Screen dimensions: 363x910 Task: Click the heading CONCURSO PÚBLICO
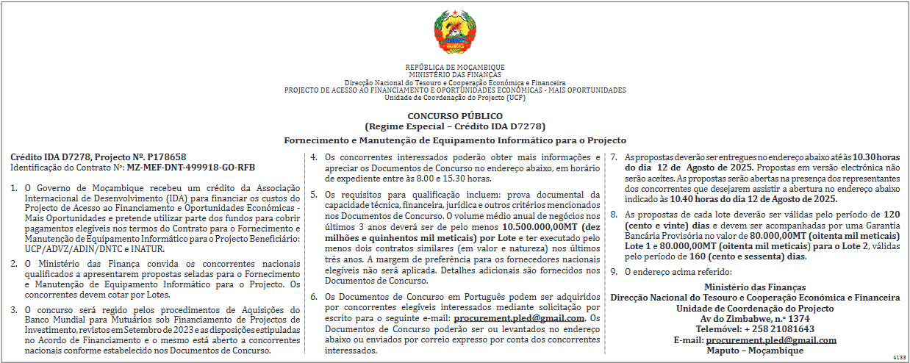455,116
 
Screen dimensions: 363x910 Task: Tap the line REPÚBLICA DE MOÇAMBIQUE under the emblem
455,68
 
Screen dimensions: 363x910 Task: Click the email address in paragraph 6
520,318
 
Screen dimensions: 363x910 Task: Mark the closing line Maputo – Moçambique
754,350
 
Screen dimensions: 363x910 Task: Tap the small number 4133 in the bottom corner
900,356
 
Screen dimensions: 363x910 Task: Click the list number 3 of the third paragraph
14,309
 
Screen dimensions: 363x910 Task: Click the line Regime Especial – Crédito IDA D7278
455,126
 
